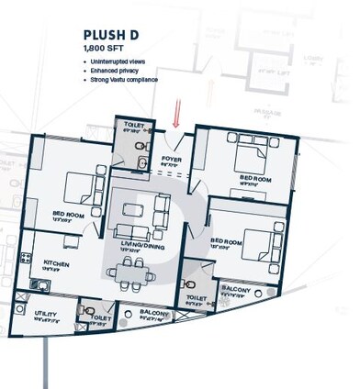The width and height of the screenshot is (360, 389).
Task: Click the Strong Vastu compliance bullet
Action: (127, 81)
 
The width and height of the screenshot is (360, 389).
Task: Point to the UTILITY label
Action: (46, 313)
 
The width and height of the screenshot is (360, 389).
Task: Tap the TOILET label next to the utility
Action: (102, 317)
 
